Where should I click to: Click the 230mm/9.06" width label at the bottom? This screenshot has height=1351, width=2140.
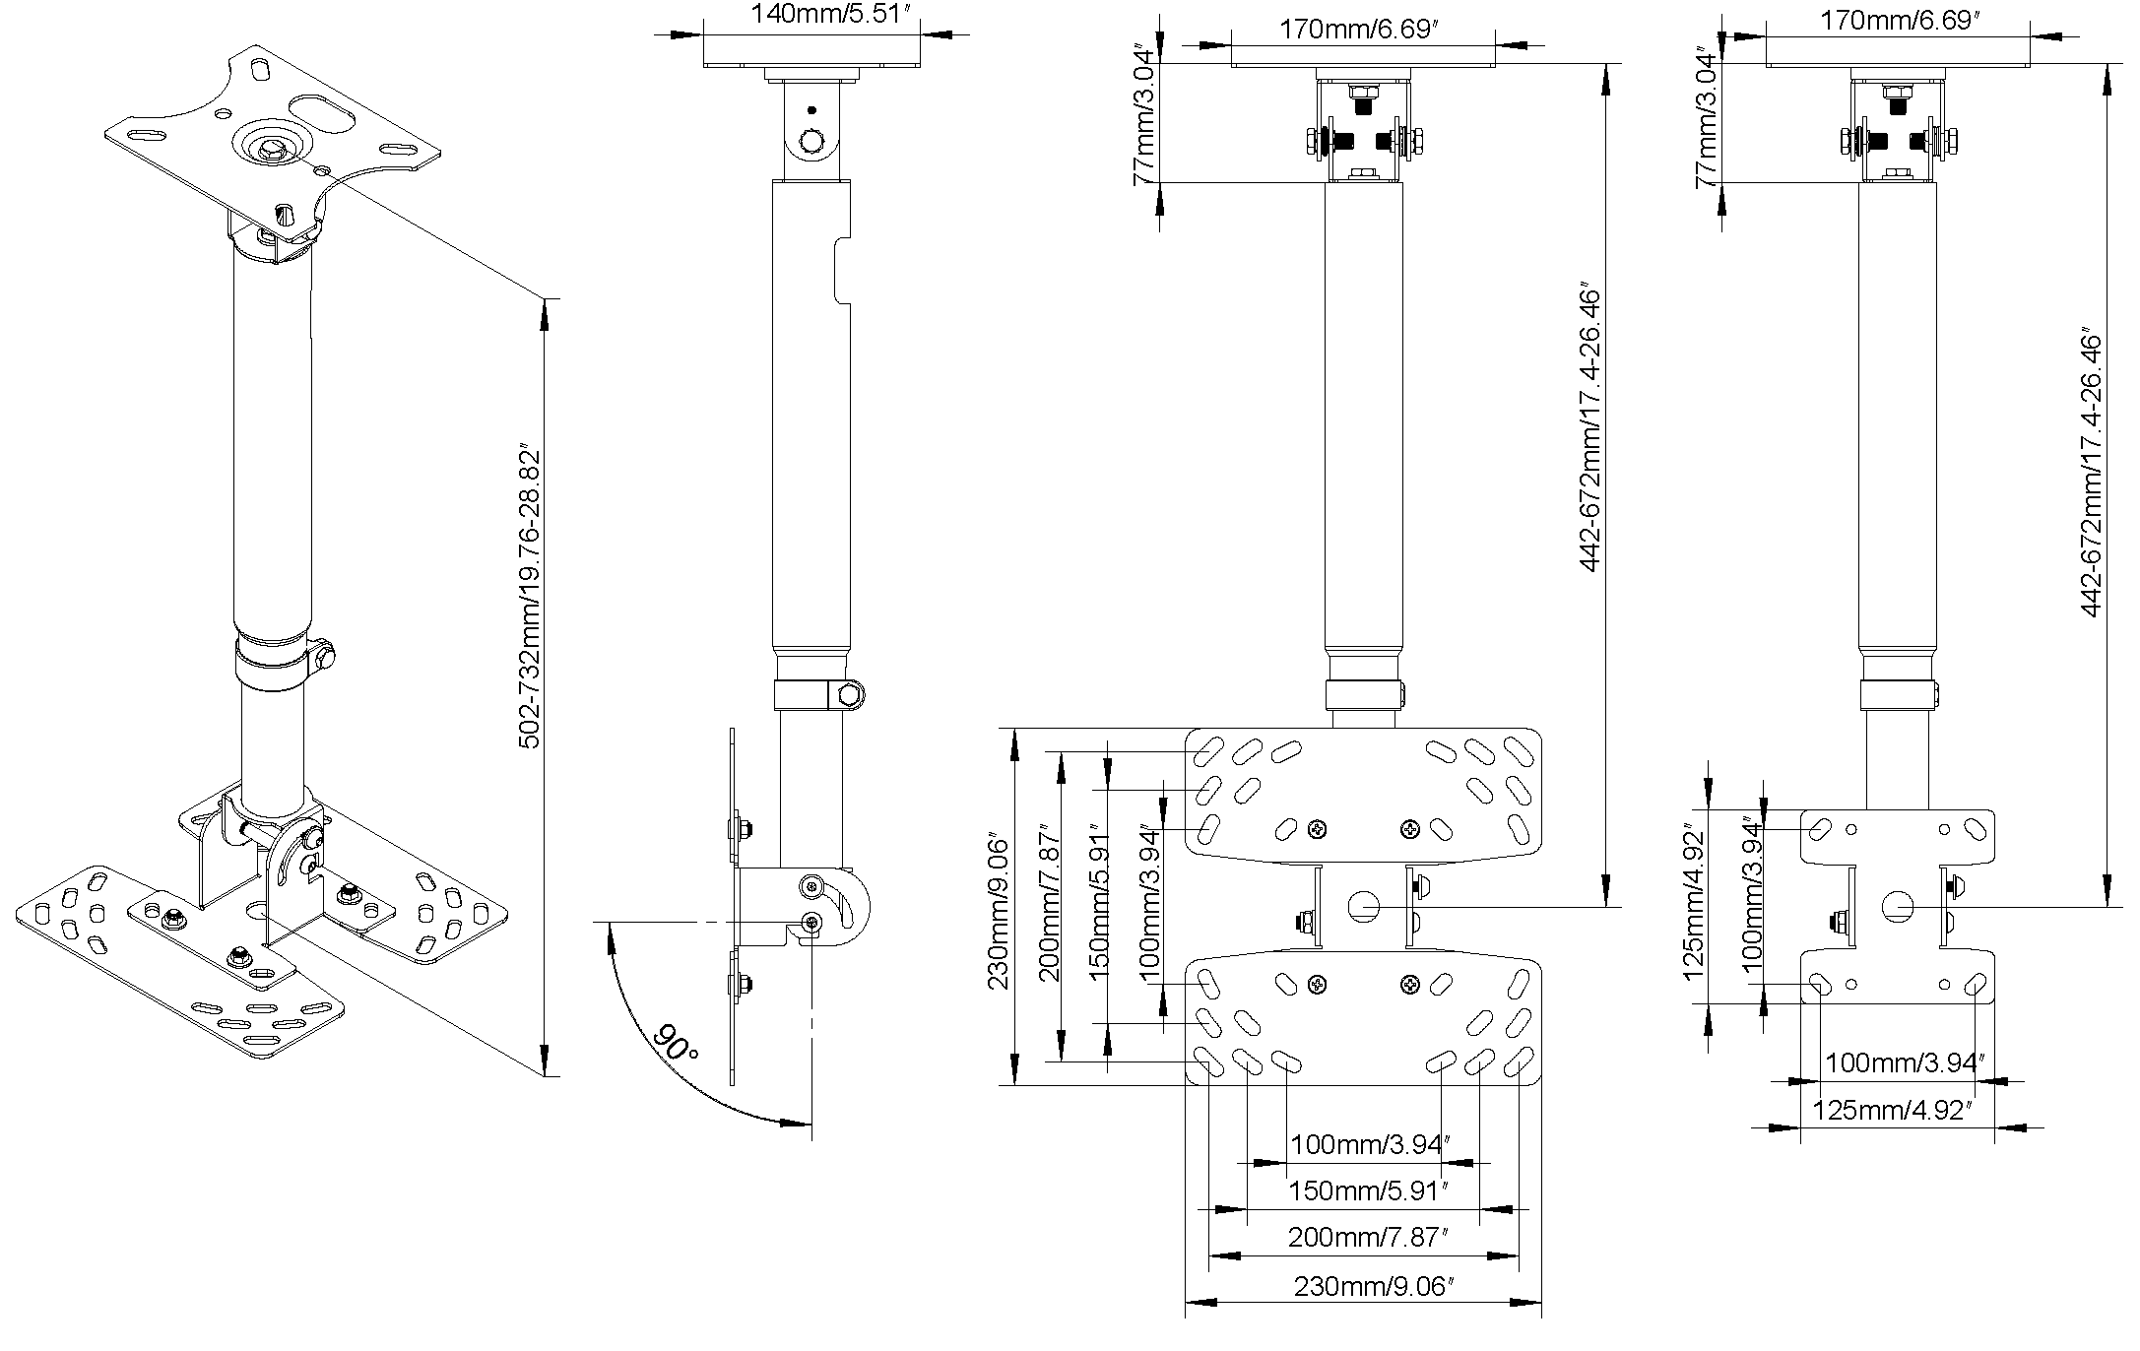[1374, 1286]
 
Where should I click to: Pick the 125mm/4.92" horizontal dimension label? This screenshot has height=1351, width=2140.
[1892, 1111]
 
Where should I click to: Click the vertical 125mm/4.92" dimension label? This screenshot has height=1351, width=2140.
[1693, 900]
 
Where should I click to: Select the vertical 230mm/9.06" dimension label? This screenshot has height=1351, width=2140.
[1000, 914]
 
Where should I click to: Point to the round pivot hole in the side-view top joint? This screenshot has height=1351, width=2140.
[812, 142]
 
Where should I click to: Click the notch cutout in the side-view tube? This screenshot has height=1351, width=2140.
[840, 271]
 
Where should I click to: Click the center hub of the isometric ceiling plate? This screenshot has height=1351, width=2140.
[270, 147]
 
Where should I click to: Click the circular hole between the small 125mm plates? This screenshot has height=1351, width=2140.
[1898, 907]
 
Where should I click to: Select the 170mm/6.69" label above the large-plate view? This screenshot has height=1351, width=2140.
[1360, 29]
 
